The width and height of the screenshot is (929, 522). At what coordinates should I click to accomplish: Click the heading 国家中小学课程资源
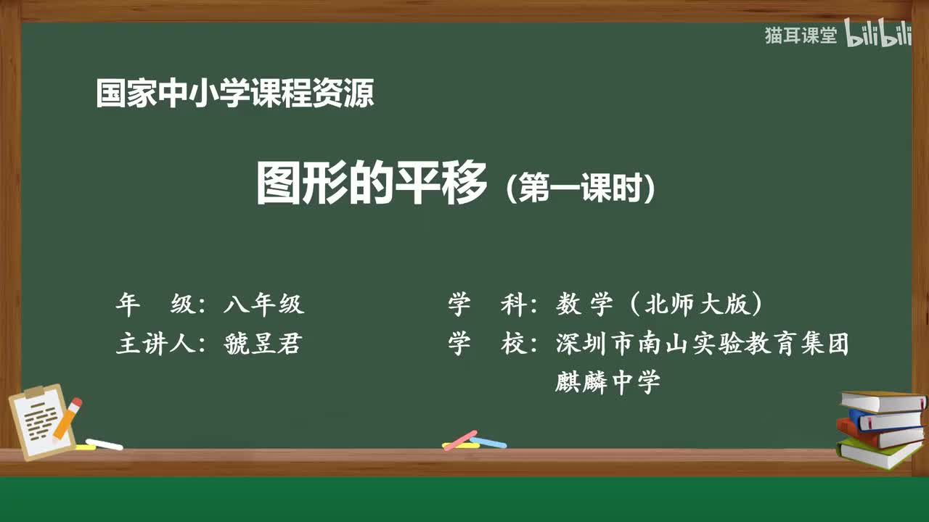(x=234, y=94)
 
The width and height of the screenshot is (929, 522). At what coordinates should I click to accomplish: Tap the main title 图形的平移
(x=371, y=184)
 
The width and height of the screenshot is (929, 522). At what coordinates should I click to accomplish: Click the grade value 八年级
(x=263, y=305)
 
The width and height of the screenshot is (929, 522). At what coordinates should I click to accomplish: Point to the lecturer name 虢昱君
(x=263, y=344)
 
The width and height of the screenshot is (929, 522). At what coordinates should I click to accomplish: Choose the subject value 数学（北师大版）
(x=659, y=305)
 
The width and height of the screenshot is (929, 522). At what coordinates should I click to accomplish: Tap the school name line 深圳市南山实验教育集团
(x=702, y=344)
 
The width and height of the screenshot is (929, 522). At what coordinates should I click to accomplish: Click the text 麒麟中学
(x=607, y=382)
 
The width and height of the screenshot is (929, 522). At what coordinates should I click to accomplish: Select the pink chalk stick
(x=460, y=440)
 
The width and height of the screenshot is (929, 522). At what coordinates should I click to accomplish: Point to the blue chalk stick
(x=488, y=442)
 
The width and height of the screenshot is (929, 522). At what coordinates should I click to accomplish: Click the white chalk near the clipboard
(x=104, y=444)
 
